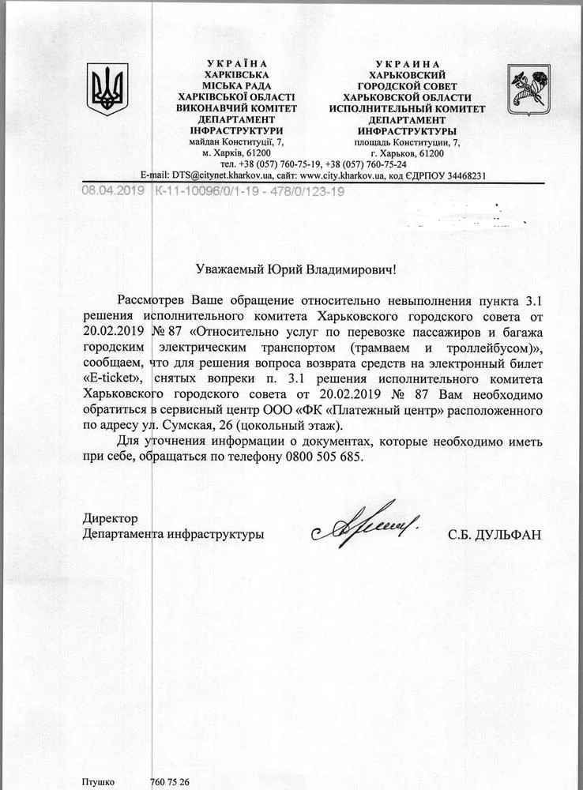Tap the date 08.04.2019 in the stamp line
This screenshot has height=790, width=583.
tap(115, 190)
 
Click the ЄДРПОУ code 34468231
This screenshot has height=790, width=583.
tap(480, 175)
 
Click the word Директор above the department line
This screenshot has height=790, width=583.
tap(111, 518)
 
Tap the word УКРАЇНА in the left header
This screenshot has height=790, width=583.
tap(236, 62)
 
